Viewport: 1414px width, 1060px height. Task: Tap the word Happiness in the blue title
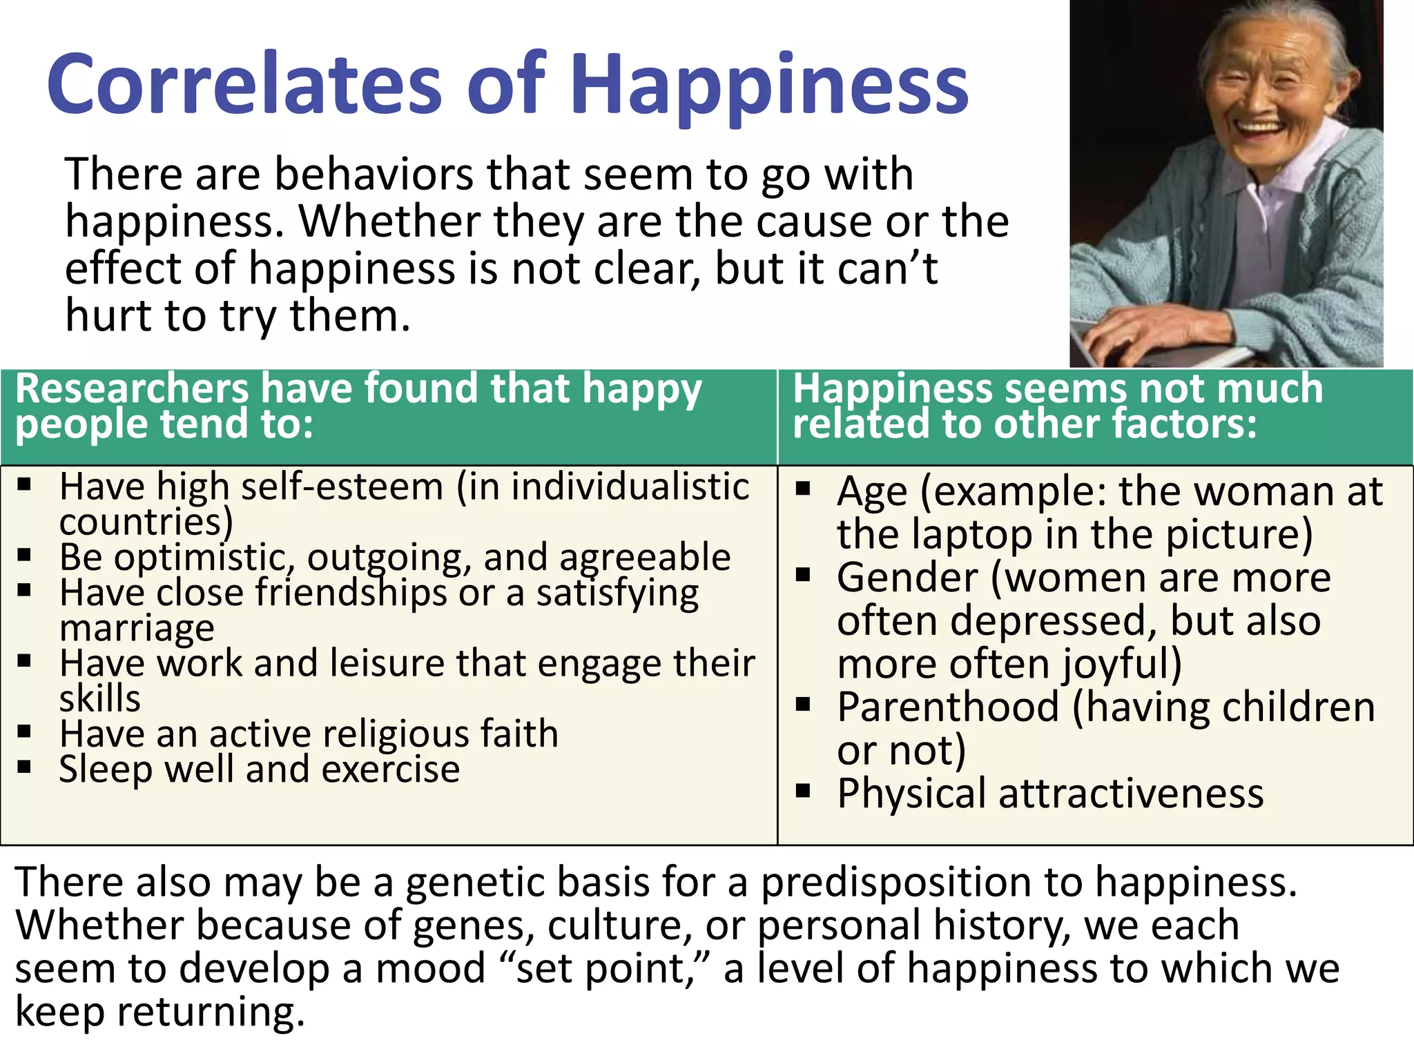pos(769,86)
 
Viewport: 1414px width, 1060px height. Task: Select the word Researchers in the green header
pos(131,389)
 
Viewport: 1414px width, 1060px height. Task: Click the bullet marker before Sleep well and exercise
pos(25,767)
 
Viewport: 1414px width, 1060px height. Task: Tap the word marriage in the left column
pos(137,629)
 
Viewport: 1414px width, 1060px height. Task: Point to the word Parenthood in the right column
pos(948,708)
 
